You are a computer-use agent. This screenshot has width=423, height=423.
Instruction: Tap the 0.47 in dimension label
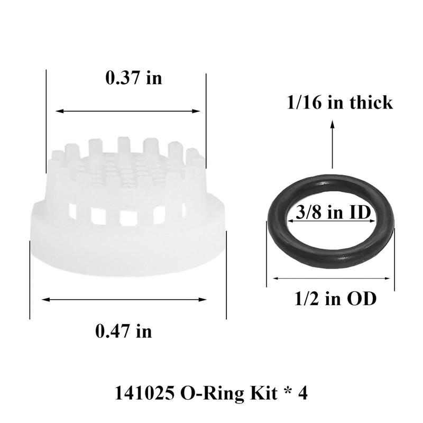click(123, 332)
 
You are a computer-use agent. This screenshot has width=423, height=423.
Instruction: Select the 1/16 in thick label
click(339, 102)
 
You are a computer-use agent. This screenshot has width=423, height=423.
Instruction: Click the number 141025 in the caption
click(144, 393)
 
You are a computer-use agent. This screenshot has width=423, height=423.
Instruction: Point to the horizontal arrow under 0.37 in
click(128, 112)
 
